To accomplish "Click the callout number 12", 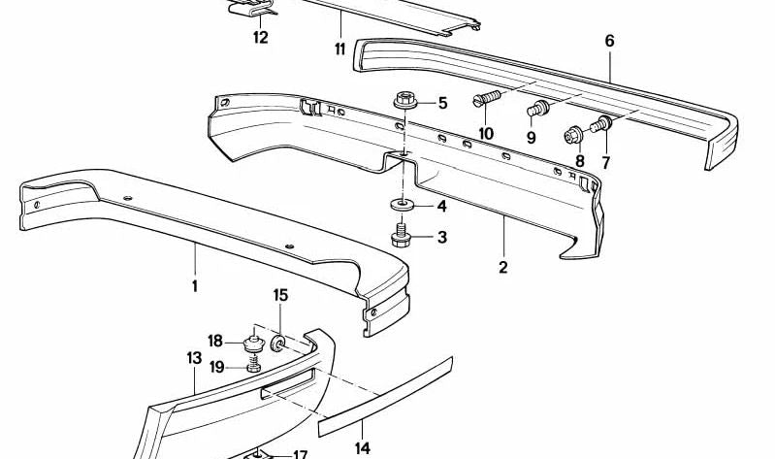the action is click(261, 37).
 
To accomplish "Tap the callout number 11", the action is click(339, 49).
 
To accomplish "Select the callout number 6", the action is click(609, 41).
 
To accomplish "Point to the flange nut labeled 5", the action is click(405, 101).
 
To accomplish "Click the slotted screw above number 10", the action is click(487, 98).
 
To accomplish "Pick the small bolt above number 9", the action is click(537, 108).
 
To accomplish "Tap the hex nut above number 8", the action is click(574, 135).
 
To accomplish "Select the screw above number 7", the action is click(601, 123).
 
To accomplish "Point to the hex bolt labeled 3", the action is click(400, 236).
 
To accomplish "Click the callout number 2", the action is click(502, 268).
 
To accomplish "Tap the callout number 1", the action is click(195, 286).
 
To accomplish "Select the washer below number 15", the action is click(278, 343).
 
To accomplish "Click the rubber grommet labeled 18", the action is click(253, 344).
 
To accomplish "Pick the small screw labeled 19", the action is click(253, 366).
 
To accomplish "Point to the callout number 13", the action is click(194, 358).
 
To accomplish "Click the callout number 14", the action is click(363, 448).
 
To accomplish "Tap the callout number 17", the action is click(301, 454).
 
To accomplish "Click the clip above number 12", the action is click(252, 8).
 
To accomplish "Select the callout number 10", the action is click(486, 134).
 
